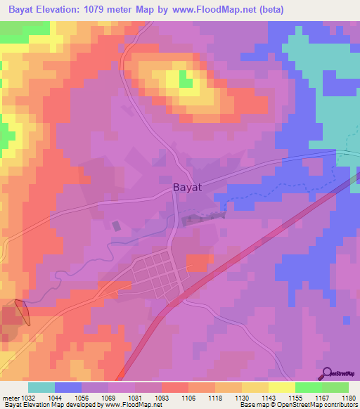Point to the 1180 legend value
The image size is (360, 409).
(x=348, y=398)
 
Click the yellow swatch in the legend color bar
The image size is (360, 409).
(x=281, y=387)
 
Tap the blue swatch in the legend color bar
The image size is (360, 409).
(x=67, y=387)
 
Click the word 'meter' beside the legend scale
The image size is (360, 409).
(x=10, y=398)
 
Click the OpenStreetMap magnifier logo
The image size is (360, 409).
(x=326, y=373)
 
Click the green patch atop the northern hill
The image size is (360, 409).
(x=186, y=79)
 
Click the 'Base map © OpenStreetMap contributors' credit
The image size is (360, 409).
(x=297, y=405)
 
